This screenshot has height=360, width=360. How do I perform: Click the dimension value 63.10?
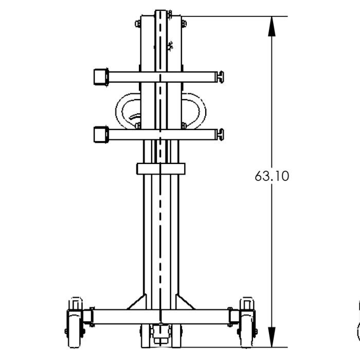[272, 176]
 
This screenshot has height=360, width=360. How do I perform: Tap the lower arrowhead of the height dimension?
[272, 336]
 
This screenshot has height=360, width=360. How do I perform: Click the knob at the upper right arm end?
[221, 77]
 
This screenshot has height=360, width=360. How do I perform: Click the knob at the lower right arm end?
[221, 135]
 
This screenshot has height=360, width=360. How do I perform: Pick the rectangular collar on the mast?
[160, 169]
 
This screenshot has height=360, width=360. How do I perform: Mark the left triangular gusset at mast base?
[138, 302]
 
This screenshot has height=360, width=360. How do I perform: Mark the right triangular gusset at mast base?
[184, 302]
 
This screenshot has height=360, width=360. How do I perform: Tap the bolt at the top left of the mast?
[138, 23]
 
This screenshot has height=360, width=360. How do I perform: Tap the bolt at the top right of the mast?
[184, 23]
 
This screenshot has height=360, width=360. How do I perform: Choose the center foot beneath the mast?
[160, 337]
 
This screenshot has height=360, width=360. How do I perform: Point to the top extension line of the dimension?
[231, 16]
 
